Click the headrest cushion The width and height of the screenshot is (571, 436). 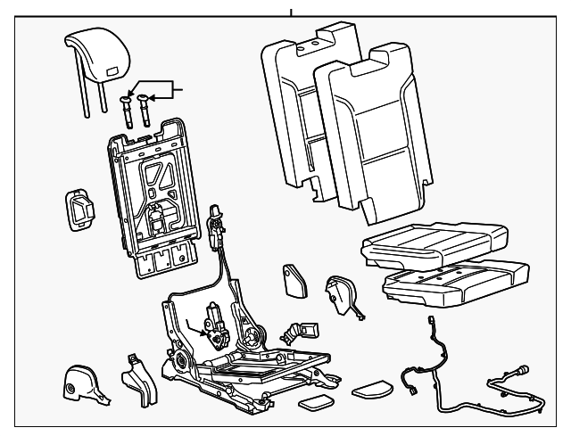pos(94,49)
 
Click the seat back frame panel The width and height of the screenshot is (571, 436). pos(154,192)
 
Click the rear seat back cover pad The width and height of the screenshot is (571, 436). pos(294,107)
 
